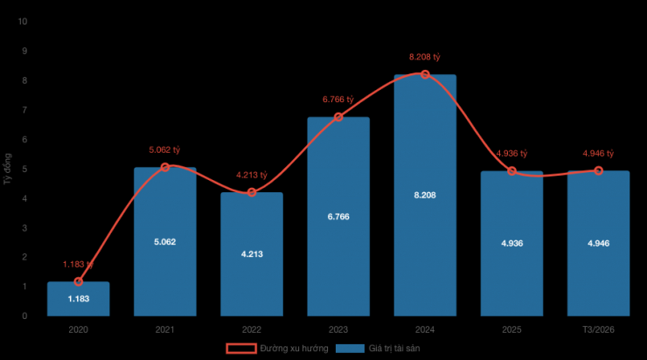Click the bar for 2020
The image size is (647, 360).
click(78, 299)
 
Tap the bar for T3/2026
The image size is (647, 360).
click(598, 262)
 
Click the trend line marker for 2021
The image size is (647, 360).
click(164, 167)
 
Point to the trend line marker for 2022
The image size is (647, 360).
click(252, 192)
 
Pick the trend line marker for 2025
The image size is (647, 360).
click(511, 170)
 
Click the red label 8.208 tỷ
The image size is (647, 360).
click(425, 57)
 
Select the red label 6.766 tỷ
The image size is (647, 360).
click(338, 100)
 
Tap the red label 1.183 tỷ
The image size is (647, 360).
click(78, 264)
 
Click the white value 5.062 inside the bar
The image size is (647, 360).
click(164, 241)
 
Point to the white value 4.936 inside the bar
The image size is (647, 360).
click(511, 243)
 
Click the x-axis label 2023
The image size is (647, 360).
click(338, 330)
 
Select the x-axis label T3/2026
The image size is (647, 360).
click(598, 330)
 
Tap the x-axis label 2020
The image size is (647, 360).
click(78, 330)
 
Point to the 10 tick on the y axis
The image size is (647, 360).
click(22, 21)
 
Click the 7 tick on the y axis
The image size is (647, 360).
click(24, 110)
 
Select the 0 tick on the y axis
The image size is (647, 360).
click(24, 316)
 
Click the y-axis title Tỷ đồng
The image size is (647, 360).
click(8, 169)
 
